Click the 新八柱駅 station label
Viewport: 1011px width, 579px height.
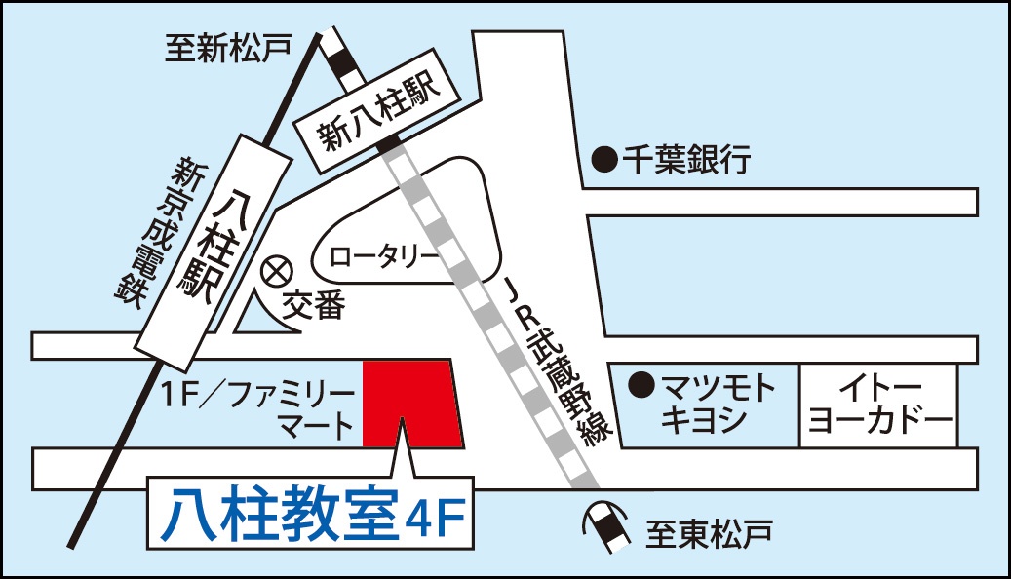tap(378, 114)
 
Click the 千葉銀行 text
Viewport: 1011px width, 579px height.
tap(687, 159)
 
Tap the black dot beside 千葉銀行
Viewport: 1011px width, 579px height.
tap(606, 159)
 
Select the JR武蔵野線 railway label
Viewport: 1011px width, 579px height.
tap(559, 361)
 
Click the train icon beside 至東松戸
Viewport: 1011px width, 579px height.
tap(606, 527)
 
